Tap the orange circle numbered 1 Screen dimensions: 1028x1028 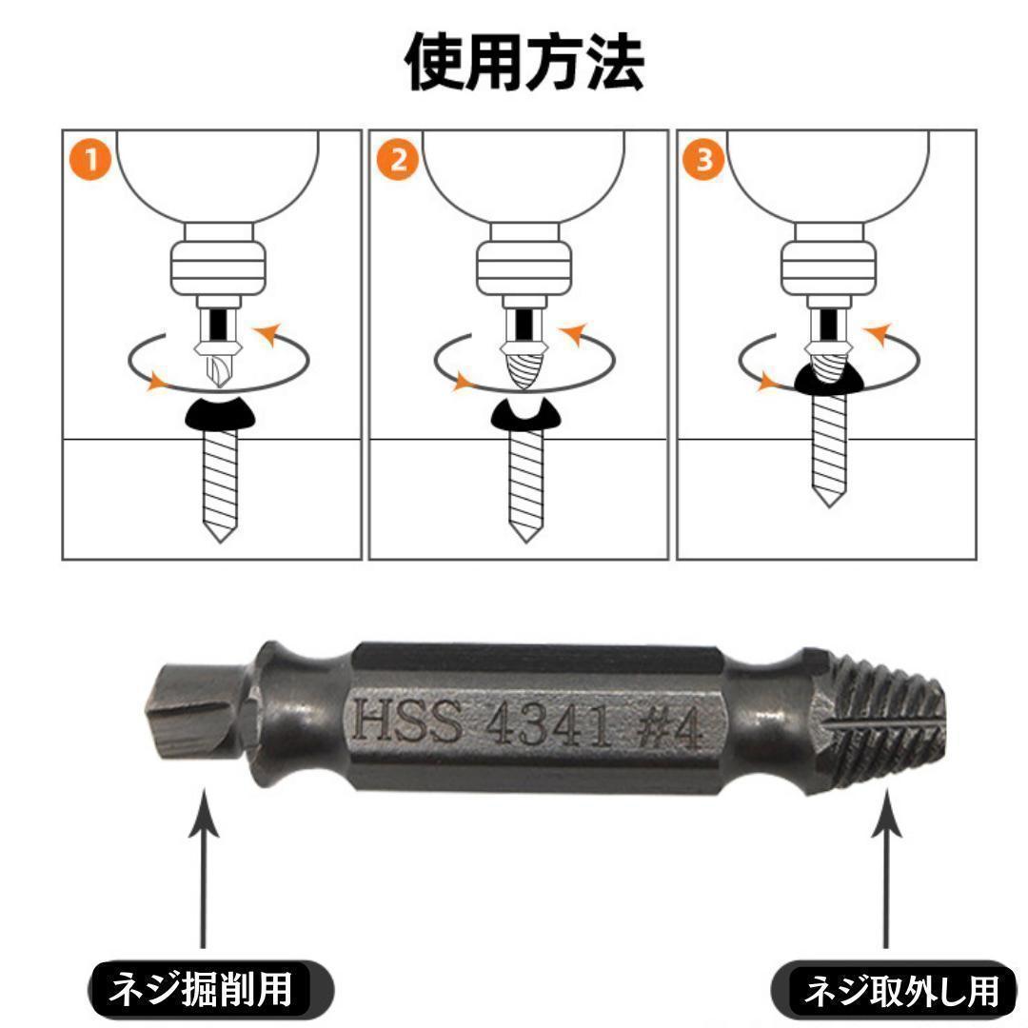[90, 160]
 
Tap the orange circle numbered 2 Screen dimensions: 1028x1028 [397, 160]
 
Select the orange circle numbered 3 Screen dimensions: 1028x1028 [704, 160]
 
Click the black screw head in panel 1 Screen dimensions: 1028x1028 [219, 414]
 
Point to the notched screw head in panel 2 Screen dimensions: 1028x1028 [525, 414]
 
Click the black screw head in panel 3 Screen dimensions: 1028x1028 [829, 380]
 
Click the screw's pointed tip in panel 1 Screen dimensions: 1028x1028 [220, 542]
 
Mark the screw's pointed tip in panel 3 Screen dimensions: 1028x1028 [829, 505]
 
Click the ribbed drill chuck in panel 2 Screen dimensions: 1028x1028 [523, 267]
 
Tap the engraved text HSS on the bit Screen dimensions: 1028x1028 [407, 721]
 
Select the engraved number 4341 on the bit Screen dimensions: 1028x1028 [549, 725]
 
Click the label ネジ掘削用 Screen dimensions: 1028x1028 [200, 989]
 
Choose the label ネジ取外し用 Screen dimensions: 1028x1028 [901, 991]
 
